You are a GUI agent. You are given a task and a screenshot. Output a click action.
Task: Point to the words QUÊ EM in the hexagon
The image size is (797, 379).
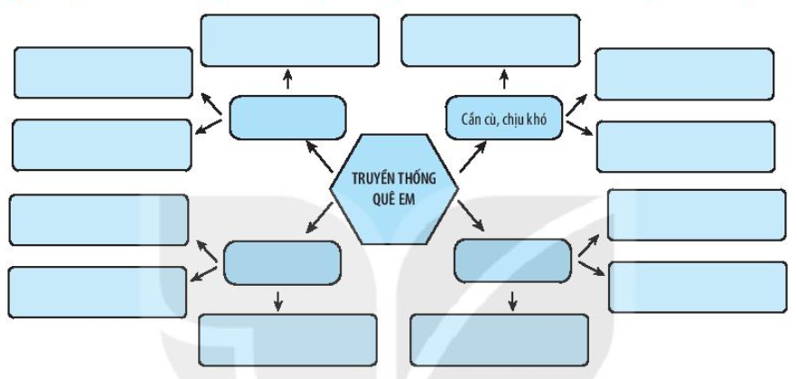pyautogui.click(x=394, y=201)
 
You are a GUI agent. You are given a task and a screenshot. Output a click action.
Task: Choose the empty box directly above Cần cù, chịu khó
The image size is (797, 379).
pyautogui.click(x=489, y=40)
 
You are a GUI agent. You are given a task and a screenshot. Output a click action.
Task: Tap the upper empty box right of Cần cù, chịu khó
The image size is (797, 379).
pyautogui.click(x=684, y=73)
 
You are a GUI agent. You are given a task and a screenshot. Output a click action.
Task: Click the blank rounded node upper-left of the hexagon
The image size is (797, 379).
pyautogui.click(x=286, y=118)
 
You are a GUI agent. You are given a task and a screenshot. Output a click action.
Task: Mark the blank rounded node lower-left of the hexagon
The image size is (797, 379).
pyautogui.click(x=282, y=262)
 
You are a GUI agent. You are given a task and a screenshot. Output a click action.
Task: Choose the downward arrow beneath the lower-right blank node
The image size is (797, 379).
pyautogui.click(x=513, y=299)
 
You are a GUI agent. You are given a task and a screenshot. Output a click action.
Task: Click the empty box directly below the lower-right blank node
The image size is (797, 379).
pyautogui.click(x=498, y=340)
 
